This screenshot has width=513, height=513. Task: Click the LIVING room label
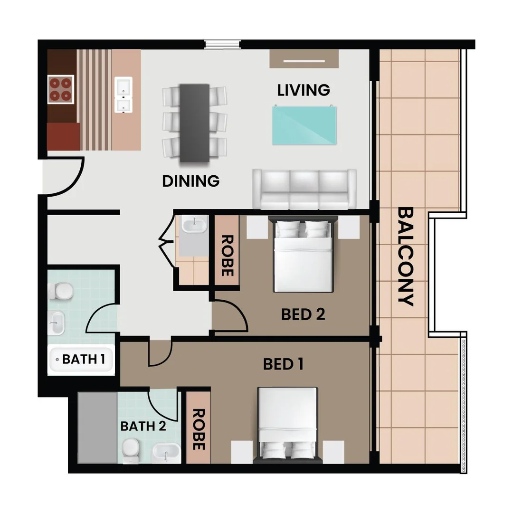point(304,90)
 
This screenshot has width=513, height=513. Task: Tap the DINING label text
point(191,181)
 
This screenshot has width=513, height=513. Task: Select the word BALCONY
point(406,256)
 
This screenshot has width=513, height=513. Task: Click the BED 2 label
point(303,314)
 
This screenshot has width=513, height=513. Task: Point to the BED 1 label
point(284,364)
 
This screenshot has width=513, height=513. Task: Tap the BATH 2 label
point(143,426)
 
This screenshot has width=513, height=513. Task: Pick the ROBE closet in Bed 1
point(198,427)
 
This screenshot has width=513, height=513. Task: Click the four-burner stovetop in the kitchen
point(60,89)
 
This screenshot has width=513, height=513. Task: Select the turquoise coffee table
point(304,125)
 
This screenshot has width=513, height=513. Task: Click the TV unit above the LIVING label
point(304,59)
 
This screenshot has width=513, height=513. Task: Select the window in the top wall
point(223,45)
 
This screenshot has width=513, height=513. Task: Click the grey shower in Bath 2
point(98,427)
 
